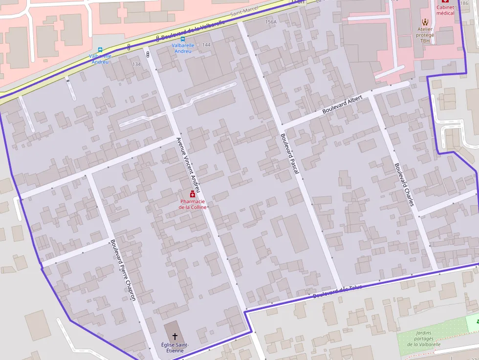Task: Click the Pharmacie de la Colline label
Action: [x=193, y=204]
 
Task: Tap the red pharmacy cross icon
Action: [x=193, y=195]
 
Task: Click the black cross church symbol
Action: [x=174, y=337]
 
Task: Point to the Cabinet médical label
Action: [x=445, y=10]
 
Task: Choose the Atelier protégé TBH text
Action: [x=425, y=35]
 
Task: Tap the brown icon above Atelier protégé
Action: [x=425, y=21]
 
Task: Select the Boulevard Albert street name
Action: [x=342, y=105]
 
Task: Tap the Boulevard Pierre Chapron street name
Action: [x=123, y=269]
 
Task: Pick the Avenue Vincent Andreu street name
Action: [x=188, y=164]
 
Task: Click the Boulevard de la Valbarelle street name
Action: [x=193, y=30]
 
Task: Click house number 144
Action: [x=206, y=45]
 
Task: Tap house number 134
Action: [x=136, y=64]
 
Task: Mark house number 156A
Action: [x=271, y=22]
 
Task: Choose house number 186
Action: [x=464, y=3]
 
